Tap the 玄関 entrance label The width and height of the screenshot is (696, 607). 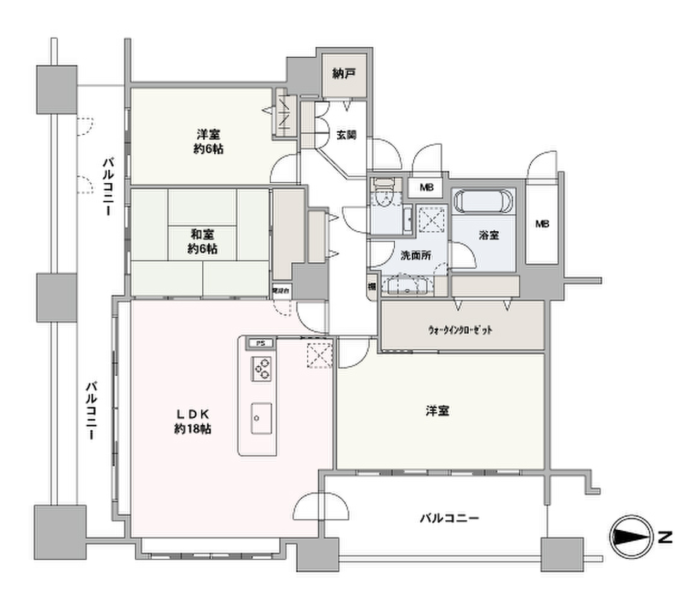(346, 135)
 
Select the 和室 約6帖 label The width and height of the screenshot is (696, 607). (202, 242)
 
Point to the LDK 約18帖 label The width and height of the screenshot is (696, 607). (192, 420)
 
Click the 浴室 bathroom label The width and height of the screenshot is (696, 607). (489, 236)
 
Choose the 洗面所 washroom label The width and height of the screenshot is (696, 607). (416, 256)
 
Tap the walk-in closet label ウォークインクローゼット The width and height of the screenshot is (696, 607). (460, 330)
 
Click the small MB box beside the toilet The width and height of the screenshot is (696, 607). (426, 188)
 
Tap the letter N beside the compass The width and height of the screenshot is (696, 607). (664, 538)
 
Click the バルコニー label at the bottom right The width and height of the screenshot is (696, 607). (449, 518)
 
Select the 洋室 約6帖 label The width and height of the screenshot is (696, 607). (209, 141)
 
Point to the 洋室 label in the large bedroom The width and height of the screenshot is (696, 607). (437, 411)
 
